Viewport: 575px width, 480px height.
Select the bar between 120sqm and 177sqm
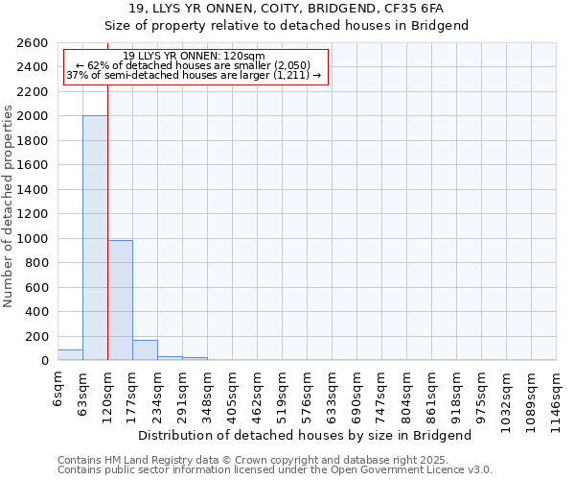(x=120, y=300)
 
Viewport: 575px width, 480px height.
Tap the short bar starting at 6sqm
(x=70, y=355)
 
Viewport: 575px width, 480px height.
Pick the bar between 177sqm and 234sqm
(x=145, y=350)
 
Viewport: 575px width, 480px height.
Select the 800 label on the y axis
(x=38, y=263)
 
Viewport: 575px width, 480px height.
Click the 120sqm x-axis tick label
(x=107, y=392)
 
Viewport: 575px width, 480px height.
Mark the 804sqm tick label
(x=406, y=392)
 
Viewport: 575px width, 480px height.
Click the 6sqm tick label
(x=57, y=386)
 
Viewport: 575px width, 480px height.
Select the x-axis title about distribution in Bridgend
(x=307, y=436)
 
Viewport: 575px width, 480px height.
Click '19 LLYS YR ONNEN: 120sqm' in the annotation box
(x=195, y=57)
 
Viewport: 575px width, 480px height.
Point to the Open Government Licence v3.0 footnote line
(x=275, y=470)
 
